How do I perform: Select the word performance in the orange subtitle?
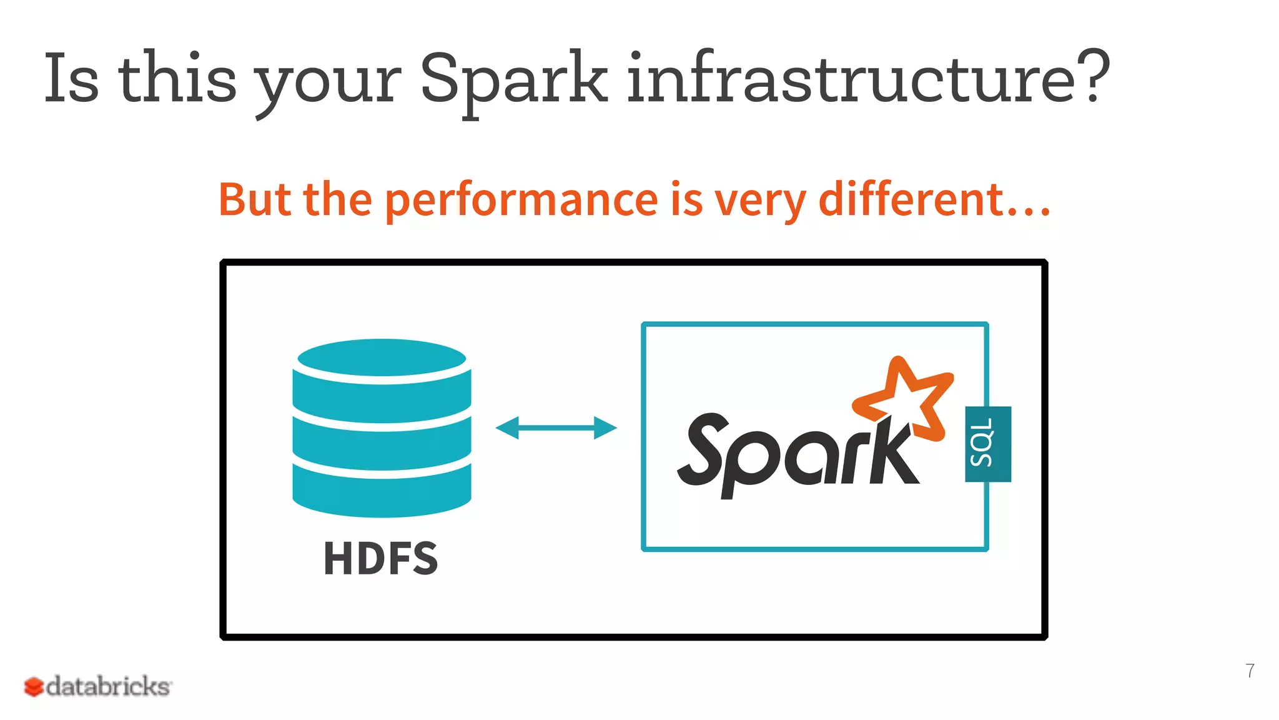[x=521, y=200]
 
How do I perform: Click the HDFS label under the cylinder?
[x=380, y=558]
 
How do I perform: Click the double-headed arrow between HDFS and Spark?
[x=556, y=428]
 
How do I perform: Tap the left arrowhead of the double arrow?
[x=507, y=428]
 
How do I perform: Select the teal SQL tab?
[x=987, y=444]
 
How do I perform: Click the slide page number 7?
[x=1250, y=671]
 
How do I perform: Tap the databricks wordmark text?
[x=108, y=686]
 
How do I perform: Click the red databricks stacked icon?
[x=34, y=687]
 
